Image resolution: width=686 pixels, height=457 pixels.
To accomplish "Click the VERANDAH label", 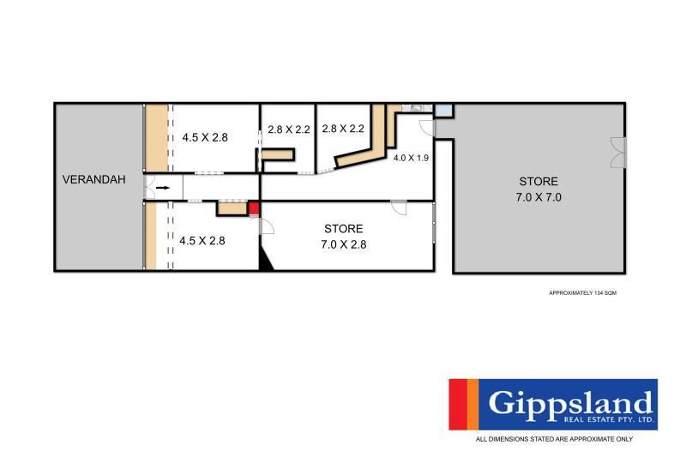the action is pyautogui.click(x=94, y=179).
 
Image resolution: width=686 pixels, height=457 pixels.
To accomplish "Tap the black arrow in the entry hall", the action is pyautogui.click(x=163, y=188).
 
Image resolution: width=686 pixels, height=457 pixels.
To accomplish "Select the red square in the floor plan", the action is pyautogui.click(x=254, y=208).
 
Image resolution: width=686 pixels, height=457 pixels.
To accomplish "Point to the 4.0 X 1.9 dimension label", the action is pyautogui.click(x=411, y=158).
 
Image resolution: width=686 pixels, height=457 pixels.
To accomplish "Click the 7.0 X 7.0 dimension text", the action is pyautogui.click(x=539, y=197).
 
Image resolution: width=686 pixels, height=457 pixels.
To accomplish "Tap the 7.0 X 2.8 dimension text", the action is pyautogui.click(x=344, y=244).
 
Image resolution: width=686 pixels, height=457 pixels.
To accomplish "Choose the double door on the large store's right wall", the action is pyautogui.click(x=618, y=152).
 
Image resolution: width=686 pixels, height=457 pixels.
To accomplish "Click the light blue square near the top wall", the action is pyautogui.click(x=442, y=111).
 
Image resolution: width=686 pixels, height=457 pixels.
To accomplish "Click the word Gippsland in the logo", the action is pyautogui.click(x=570, y=402).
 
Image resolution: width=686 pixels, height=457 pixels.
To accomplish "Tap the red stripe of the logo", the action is pyautogui.click(x=458, y=405).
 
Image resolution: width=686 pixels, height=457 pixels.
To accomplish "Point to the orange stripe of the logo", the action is pyautogui.click(x=473, y=405).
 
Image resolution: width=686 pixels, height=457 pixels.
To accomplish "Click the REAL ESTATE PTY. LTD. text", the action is pyautogui.click(x=609, y=420).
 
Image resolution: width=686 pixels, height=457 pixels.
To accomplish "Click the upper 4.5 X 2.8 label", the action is pyautogui.click(x=205, y=137).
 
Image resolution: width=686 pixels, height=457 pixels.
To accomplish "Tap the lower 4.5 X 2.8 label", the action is pyautogui.click(x=202, y=241).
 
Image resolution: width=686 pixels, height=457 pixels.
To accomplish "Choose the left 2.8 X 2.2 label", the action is pyautogui.click(x=289, y=129).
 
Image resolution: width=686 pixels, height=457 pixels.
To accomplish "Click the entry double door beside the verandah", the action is pyautogui.click(x=149, y=188).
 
